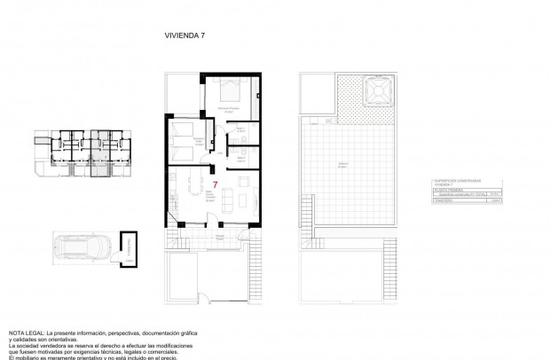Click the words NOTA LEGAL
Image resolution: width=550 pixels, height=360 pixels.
27,333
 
